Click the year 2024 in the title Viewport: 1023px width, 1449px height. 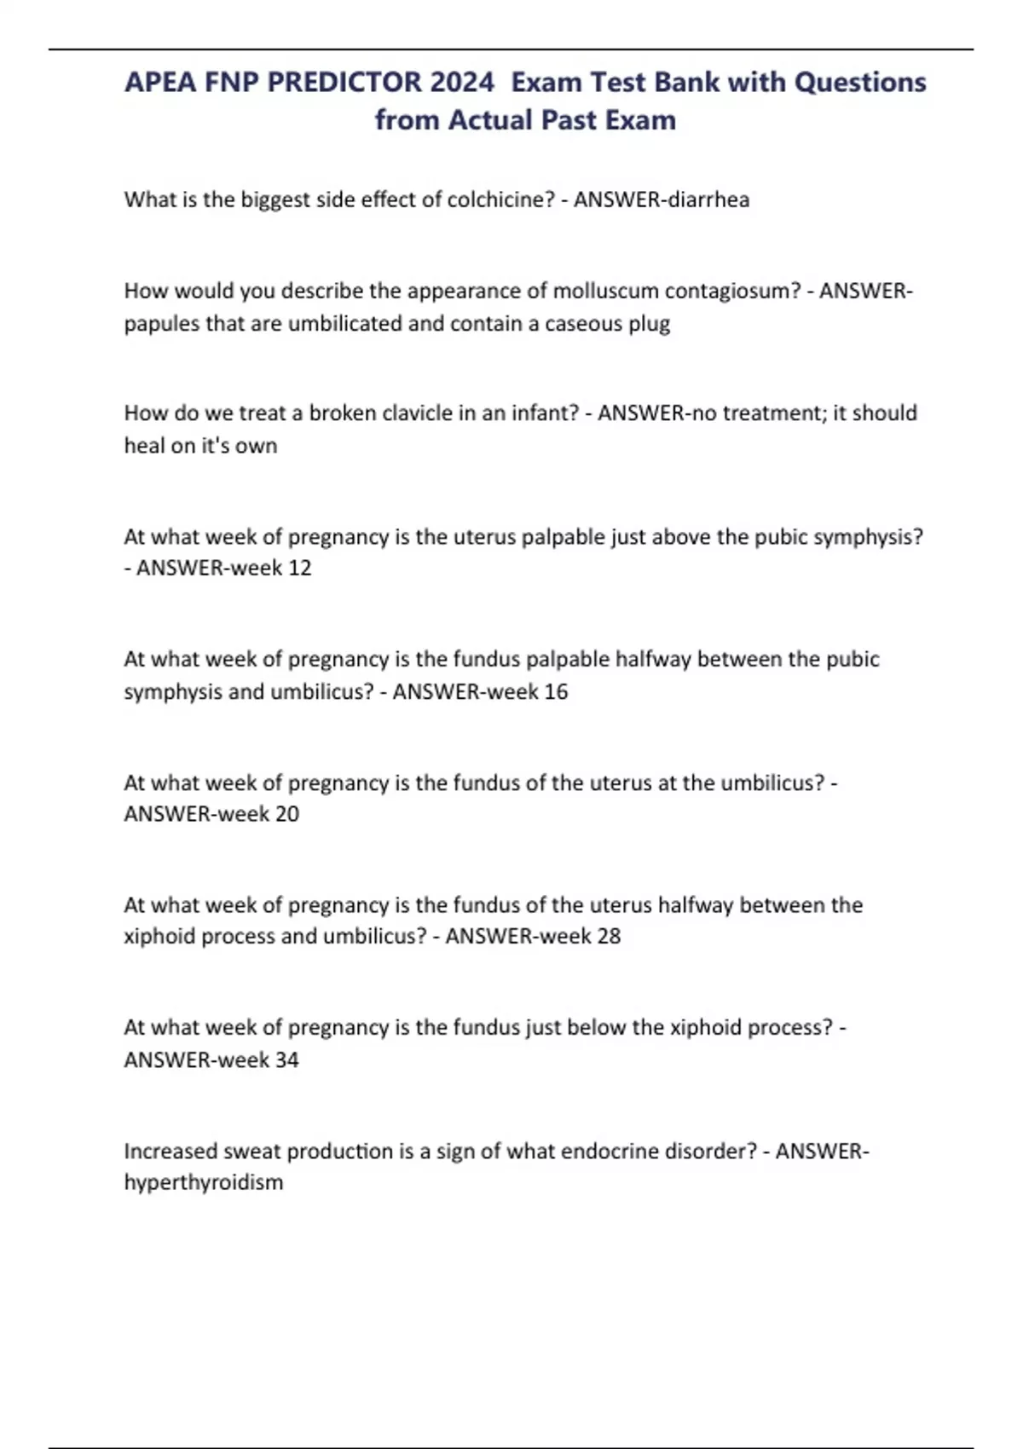tap(461, 83)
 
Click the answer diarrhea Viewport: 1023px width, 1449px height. tap(708, 199)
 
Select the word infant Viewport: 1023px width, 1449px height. tap(545, 413)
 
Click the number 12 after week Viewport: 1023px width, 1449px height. tap(299, 569)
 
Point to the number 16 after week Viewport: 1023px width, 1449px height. tap(555, 691)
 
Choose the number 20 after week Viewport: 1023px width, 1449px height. tap(287, 814)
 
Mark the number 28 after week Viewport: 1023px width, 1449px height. tap(609, 936)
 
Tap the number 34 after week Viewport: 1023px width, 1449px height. tap(287, 1059)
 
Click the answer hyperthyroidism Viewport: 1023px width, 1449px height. tap(204, 1183)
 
